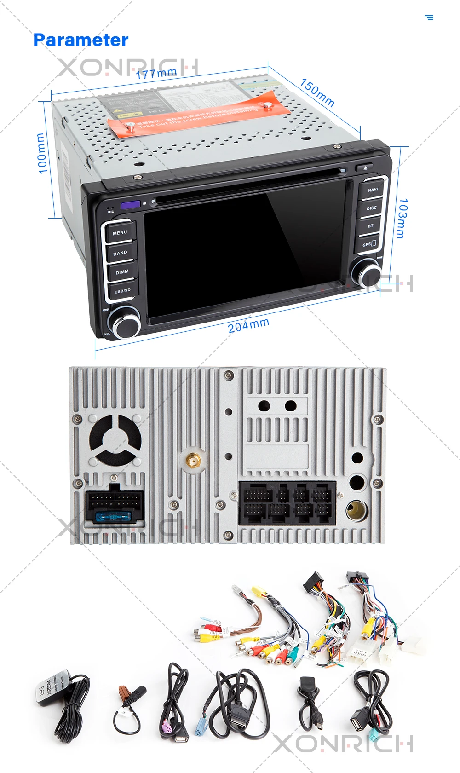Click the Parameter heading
tap(81, 40)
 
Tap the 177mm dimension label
tap(156, 73)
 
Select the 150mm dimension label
tap(317, 92)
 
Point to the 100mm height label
tap(41, 153)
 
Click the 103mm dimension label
tap(402, 218)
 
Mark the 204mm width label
tap(248, 325)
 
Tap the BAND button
tap(121, 253)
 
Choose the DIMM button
tap(122, 272)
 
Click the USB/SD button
tap(122, 291)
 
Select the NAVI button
tap(372, 190)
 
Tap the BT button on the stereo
tap(370, 226)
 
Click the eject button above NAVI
tap(365, 168)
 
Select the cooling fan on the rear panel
tap(115, 440)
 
